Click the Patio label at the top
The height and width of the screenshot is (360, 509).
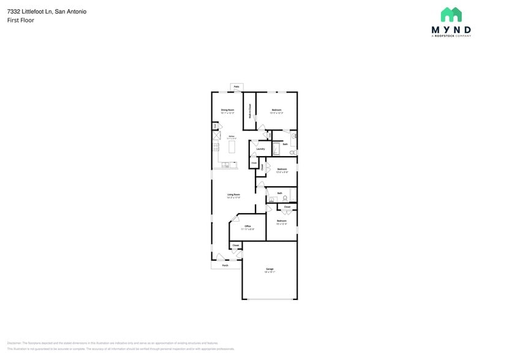(x=236, y=87)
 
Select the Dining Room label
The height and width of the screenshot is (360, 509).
(x=227, y=110)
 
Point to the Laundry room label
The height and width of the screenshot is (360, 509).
(x=260, y=149)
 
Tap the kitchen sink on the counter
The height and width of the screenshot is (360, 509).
(x=226, y=164)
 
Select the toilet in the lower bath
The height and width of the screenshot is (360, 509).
(x=285, y=198)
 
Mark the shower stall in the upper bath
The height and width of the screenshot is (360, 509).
(x=276, y=148)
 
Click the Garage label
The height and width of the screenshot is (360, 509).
(x=270, y=269)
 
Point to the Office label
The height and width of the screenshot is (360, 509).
(x=248, y=226)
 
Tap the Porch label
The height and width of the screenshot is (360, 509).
(x=225, y=265)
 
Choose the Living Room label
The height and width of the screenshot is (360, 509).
(x=233, y=194)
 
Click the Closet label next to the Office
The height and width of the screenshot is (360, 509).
(x=235, y=245)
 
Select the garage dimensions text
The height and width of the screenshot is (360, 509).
(x=270, y=272)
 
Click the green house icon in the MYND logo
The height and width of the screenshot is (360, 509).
(x=451, y=15)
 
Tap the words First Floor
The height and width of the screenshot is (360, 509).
(x=21, y=20)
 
